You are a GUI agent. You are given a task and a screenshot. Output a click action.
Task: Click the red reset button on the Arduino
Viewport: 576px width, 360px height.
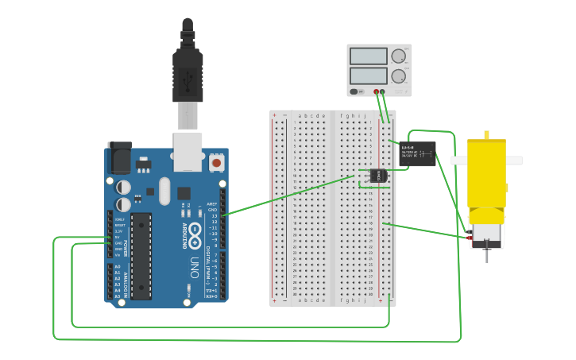(x=216, y=163)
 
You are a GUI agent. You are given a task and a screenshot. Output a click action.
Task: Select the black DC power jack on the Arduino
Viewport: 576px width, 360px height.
(x=119, y=157)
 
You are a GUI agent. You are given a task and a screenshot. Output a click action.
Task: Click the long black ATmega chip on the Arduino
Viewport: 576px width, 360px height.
(x=141, y=255)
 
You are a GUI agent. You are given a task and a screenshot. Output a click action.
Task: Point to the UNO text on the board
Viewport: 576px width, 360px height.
(x=195, y=267)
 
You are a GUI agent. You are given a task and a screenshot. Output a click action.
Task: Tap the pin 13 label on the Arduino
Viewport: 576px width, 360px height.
(x=214, y=215)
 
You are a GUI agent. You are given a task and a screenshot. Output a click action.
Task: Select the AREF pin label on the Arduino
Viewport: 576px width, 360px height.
(x=212, y=203)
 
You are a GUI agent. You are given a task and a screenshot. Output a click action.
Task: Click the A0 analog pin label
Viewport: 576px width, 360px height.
(x=118, y=267)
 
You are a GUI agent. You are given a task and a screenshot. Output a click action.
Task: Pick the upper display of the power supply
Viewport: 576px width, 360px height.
(x=368, y=56)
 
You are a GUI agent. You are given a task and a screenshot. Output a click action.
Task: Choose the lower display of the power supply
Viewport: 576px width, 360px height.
(x=368, y=76)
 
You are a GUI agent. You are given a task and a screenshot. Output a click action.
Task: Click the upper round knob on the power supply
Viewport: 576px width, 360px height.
(x=398, y=56)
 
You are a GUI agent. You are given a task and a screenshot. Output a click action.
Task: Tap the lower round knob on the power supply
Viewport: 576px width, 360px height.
(x=398, y=76)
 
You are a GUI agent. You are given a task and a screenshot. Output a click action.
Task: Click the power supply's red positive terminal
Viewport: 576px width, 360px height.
(x=377, y=91)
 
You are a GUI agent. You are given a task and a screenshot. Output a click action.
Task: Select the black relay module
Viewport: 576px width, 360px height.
(x=417, y=153)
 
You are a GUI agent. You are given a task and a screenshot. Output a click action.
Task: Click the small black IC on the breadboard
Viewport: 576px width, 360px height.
(x=378, y=175)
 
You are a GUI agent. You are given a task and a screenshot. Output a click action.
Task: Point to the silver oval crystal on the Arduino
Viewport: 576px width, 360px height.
(x=164, y=191)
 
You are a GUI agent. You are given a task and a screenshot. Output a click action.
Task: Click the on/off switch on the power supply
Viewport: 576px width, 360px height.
(x=358, y=91)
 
